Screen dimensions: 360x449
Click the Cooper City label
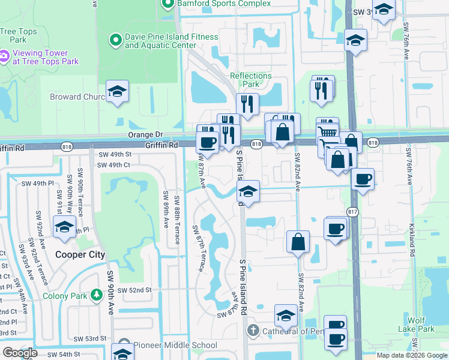pos(80,254)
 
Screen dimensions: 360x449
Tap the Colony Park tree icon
pos(95,295)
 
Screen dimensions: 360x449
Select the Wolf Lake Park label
pos(417,325)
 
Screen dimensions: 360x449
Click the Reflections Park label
pos(251,80)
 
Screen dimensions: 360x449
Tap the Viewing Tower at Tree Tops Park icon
pos(4,56)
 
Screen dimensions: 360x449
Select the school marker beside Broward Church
pos(118,92)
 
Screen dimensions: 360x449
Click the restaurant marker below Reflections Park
pos(247,104)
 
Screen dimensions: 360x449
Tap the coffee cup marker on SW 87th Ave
pos(208,143)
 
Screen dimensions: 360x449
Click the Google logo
pos(20,353)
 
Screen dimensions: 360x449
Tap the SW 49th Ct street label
pos(113,165)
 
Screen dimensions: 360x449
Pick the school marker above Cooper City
pos(64,227)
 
